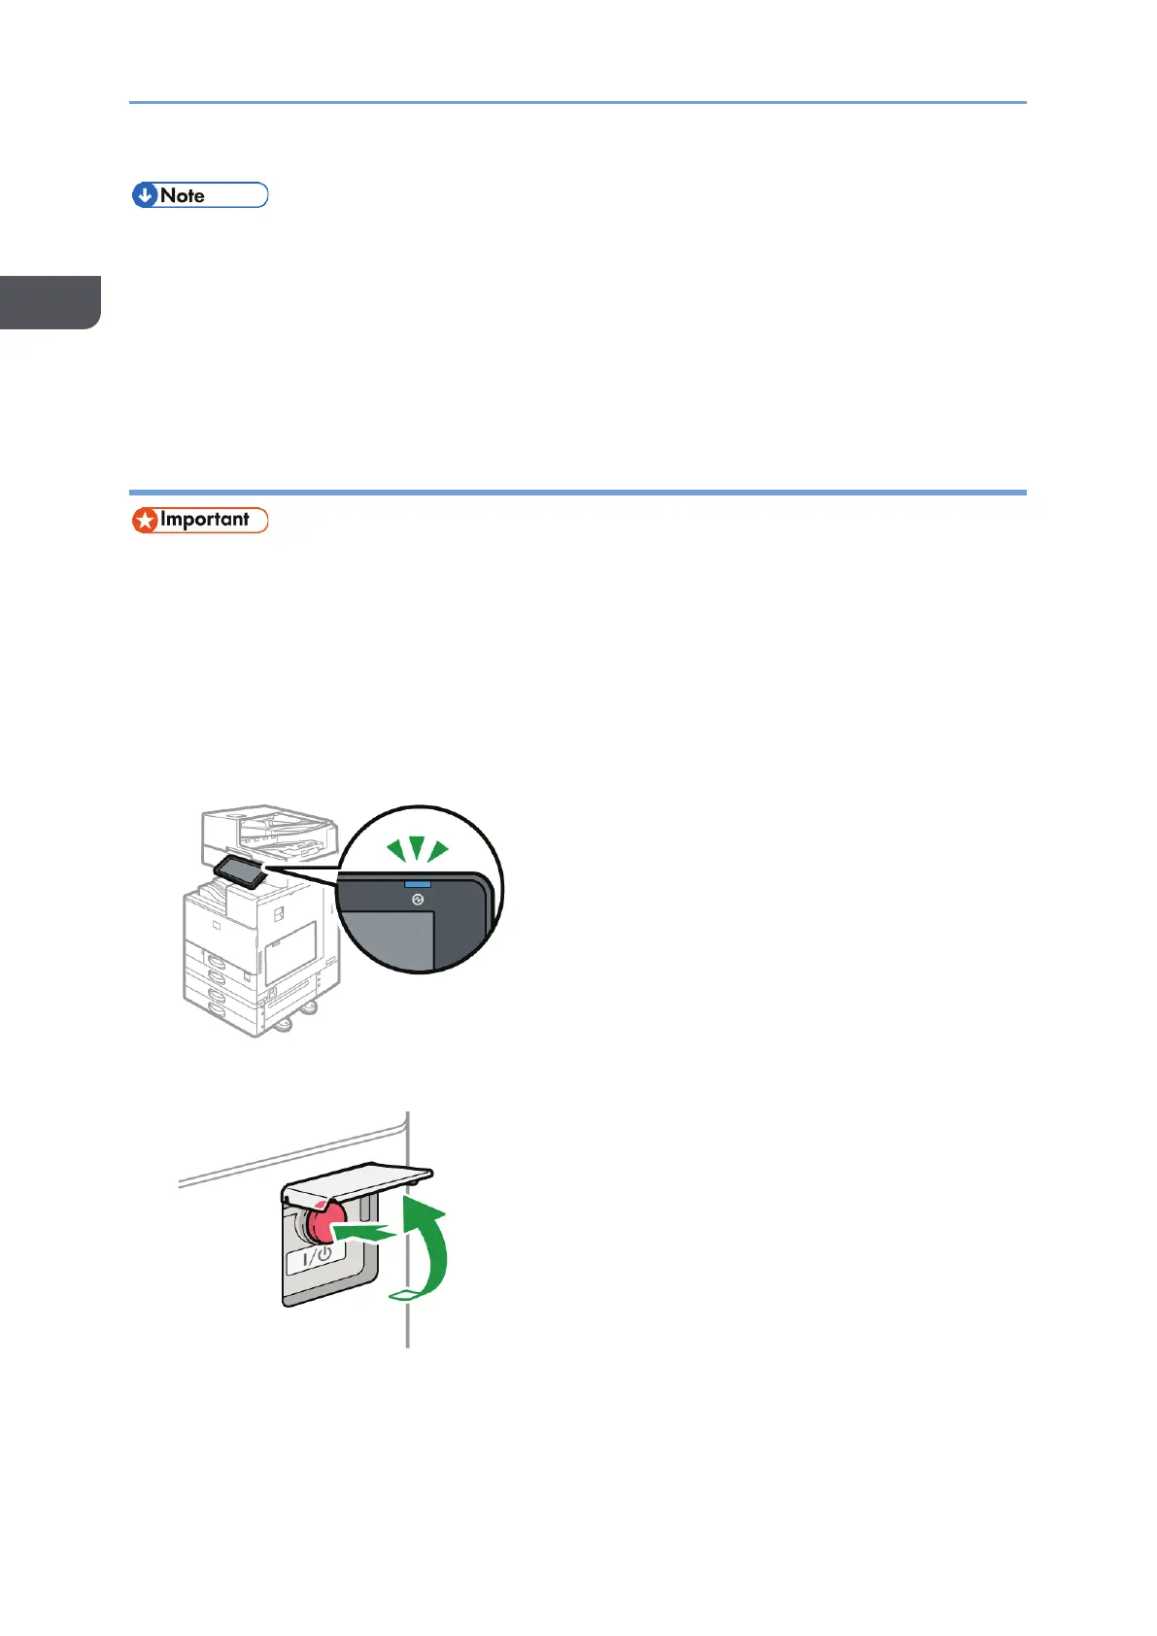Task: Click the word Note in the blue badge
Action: coord(183,195)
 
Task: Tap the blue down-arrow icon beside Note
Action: coord(146,195)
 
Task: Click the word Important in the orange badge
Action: coord(204,520)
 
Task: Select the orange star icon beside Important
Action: coord(146,521)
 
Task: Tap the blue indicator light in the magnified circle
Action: coord(418,884)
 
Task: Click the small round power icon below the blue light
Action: coord(418,901)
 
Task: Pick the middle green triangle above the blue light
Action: coord(417,848)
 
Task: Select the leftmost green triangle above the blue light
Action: coord(395,852)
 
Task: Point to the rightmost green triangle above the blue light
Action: coord(438,852)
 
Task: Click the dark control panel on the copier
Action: coord(240,871)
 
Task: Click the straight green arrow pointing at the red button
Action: coord(368,1233)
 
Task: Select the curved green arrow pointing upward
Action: coord(429,1253)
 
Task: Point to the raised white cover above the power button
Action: coord(359,1177)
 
